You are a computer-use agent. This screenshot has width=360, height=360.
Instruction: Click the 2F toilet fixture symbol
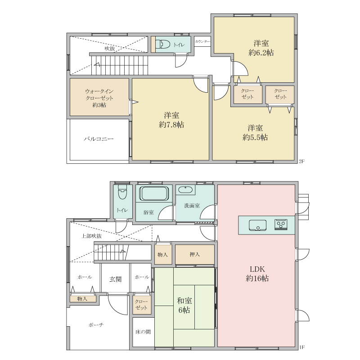(163, 44)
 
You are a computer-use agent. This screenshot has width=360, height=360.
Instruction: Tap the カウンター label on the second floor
(202, 41)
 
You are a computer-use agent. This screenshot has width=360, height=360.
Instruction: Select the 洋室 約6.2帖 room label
(261, 48)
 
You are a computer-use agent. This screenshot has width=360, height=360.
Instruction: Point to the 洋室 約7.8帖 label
(171, 120)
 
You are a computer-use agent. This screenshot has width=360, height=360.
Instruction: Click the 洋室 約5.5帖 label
(255, 132)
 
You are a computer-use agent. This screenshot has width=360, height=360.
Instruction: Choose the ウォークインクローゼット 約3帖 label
(99, 98)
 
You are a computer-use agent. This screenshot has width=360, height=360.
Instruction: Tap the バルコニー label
(99, 139)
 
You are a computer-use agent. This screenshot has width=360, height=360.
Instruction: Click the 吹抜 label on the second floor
(110, 49)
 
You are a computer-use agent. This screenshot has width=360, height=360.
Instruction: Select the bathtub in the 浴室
(153, 193)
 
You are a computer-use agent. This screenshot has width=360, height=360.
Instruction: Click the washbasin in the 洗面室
(185, 190)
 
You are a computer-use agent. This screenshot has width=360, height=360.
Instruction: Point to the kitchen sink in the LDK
(257, 225)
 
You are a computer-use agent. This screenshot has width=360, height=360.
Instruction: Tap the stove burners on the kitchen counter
(281, 225)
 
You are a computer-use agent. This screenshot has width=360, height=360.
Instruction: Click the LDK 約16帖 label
(257, 274)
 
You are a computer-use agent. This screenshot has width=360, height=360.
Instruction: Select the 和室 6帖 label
(184, 306)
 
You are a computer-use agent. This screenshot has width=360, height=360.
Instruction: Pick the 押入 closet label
(195, 254)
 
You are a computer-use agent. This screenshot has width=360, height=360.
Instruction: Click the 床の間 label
(143, 332)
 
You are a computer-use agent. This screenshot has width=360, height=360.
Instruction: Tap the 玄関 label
(115, 279)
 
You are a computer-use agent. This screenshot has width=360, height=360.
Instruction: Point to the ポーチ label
(96, 325)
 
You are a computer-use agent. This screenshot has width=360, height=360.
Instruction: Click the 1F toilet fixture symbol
(122, 192)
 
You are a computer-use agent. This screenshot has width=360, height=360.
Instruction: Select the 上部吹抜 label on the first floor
(91, 236)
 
